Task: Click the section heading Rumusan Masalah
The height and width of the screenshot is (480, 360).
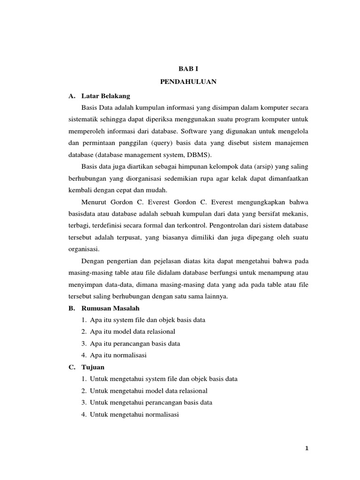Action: click(x=110, y=308)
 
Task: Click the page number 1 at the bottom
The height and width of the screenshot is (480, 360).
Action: click(x=307, y=448)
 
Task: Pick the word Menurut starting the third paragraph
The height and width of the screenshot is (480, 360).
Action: click(x=94, y=202)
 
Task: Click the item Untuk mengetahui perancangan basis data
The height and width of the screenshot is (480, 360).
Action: click(x=151, y=403)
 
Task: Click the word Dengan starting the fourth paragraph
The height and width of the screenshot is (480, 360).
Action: click(x=92, y=261)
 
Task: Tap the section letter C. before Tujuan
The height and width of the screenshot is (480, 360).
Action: click(x=71, y=367)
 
